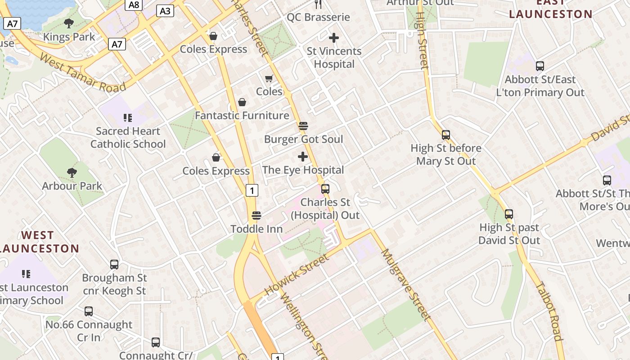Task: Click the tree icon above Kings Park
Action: pyautogui.click(x=69, y=23)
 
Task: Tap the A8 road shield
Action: pyautogui.click(x=134, y=5)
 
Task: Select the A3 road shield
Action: pyautogui.click(x=165, y=11)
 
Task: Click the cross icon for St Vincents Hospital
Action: pyautogui.click(x=334, y=38)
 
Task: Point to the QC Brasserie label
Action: pyautogui.click(x=319, y=18)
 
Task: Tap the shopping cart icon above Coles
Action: pyautogui.click(x=269, y=79)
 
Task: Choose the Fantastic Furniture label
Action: pyautogui.click(x=242, y=116)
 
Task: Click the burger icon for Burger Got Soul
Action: pyautogui.click(x=303, y=126)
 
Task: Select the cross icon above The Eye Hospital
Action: pyautogui.click(x=303, y=157)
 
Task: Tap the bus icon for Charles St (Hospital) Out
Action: pyautogui.click(x=325, y=189)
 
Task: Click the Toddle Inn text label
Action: pyautogui.click(x=256, y=229)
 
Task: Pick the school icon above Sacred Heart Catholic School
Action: pyautogui.click(x=128, y=118)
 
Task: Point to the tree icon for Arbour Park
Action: pyautogui.click(x=72, y=172)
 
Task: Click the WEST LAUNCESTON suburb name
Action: pyautogui.click(x=38, y=242)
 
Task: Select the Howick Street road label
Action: pyautogui.click(x=297, y=275)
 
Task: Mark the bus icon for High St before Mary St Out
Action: pyautogui.click(x=446, y=135)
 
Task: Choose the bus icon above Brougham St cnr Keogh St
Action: pyautogui.click(x=114, y=265)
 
